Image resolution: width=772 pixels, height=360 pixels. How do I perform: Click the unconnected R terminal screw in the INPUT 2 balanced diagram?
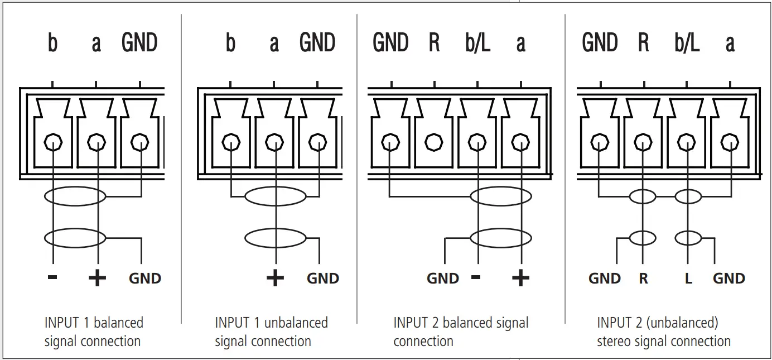coord(434,143)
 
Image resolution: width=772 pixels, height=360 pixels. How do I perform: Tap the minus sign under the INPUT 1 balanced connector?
coord(52,277)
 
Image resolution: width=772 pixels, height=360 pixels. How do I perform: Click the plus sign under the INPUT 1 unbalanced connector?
coord(275,277)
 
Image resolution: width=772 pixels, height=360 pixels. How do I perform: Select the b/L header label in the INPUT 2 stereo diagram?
coord(687,44)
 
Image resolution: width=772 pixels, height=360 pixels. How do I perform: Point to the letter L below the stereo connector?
coord(688,279)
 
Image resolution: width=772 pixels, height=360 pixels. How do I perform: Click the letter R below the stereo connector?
coord(643,279)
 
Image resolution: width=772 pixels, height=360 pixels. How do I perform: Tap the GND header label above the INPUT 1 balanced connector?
coord(139,44)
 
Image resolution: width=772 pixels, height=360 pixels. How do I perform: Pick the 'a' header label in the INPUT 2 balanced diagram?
coord(520,44)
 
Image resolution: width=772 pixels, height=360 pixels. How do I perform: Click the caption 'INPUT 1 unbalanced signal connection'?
coord(271,332)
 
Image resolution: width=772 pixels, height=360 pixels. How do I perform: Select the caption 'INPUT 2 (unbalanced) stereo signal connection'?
coord(663,332)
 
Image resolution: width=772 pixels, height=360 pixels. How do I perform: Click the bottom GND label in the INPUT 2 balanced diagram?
coord(443,279)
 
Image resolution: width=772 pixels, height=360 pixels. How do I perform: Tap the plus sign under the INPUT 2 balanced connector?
coord(520,277)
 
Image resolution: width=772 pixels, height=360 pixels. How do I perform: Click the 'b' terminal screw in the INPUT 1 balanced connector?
coord(52,143)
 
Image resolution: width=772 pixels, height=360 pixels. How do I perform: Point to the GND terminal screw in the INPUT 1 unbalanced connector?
coord(317,143)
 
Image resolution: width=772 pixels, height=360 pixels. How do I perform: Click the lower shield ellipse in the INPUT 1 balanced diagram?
coord(75,238)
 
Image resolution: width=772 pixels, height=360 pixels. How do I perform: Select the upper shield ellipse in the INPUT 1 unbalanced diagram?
coord(276,196)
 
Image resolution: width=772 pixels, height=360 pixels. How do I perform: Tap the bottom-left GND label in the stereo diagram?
coord(605,279)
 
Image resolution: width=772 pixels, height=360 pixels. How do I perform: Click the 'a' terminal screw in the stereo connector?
coord(729,143)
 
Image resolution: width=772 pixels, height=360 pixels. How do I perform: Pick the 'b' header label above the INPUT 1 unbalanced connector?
coord(230,44)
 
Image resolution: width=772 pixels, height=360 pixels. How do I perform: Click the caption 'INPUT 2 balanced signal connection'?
coord(461,332)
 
